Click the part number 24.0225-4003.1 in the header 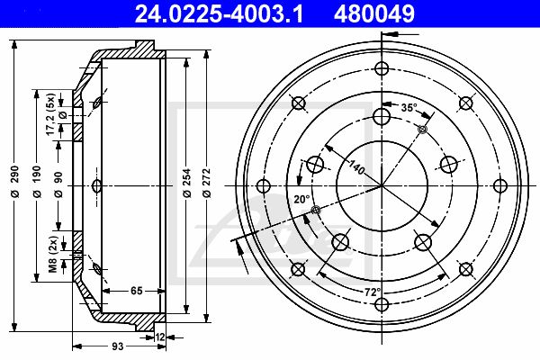[x=219, y=14]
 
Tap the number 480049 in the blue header [x=374, y=14]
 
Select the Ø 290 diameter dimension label [x=14, y=181]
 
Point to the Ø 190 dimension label [x=37, y=181]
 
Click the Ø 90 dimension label [x=58, y=184]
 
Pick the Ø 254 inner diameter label [x=187, y=183]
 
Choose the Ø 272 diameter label [x=207, y=183]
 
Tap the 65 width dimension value [x=137, y=291]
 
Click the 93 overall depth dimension [x=117, y=346]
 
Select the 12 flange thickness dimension [x=160, y=337]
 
